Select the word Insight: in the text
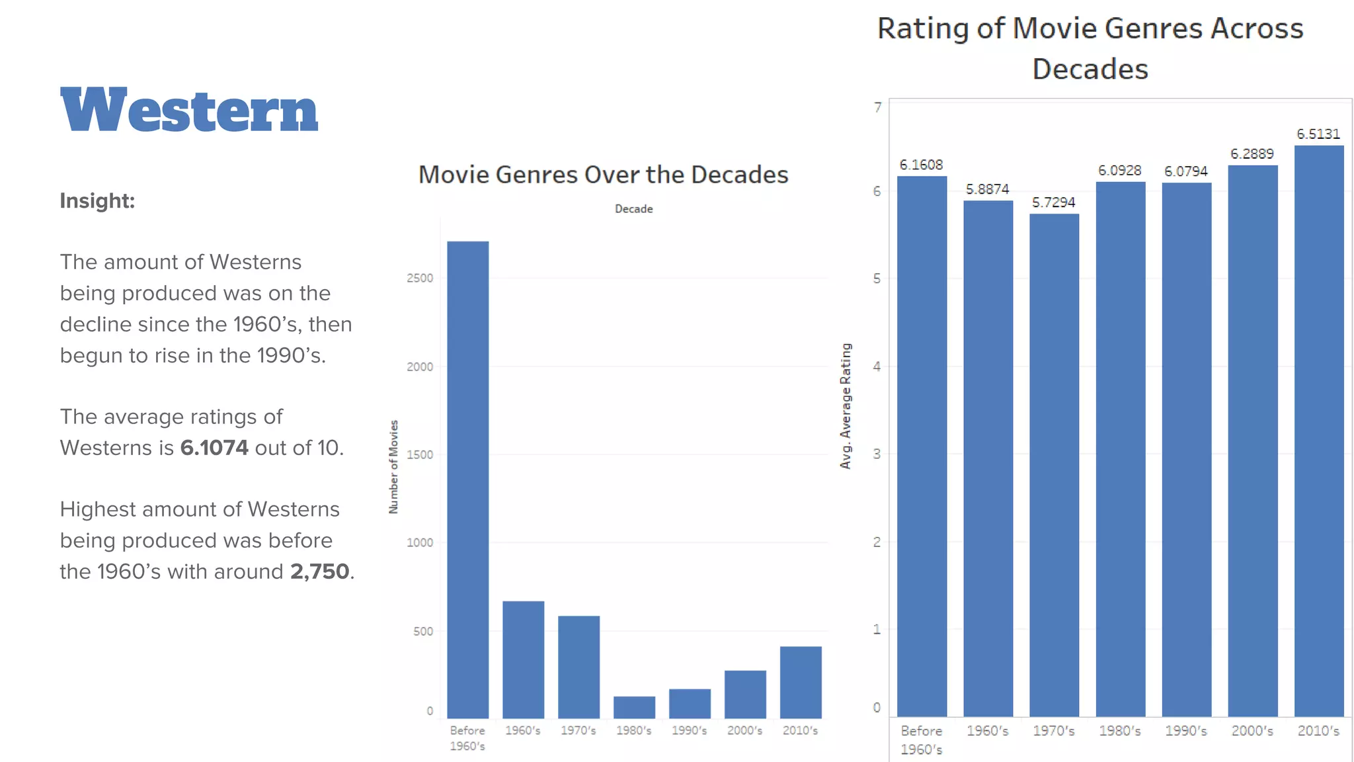[97, 200]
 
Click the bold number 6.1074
[214, 448]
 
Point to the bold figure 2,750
[319, 571]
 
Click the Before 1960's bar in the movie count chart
[467, 480]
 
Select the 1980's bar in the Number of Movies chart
[634, 707]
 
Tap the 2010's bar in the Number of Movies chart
[801, 682]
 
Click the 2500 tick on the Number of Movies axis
[420, 278]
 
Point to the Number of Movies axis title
[393, 467]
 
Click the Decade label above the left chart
[633, 209]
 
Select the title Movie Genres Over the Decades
[603, 175]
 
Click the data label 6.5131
[1318, 134]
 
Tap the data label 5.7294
[1053, 202]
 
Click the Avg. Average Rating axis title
[846, 406]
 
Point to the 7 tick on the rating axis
[877, 107]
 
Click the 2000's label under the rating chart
[1252, 731]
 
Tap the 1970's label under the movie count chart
[578, 730]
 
